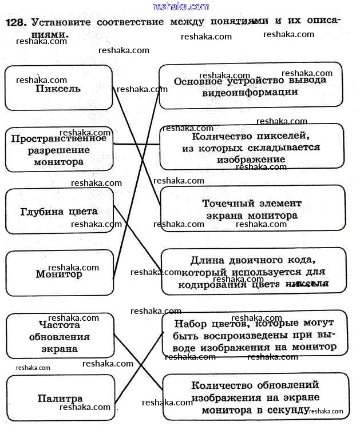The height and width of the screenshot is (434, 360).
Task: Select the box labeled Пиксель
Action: [x=58, y=88]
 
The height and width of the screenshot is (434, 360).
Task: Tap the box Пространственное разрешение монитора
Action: [x=58, y=150]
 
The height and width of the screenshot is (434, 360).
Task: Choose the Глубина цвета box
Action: [x=59, y=212]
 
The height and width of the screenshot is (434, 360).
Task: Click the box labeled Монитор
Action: [x=59, y=274]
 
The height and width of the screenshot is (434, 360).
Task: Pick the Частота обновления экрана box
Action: [x=60, y=336]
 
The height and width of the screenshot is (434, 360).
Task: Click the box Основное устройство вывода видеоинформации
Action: [x=250, y=86]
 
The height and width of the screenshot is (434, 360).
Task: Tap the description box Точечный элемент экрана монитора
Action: [x=252, y=210]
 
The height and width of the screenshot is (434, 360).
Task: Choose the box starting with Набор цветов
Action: [x=254, y=333]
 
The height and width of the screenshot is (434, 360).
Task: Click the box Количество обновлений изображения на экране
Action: [x=255, y=397]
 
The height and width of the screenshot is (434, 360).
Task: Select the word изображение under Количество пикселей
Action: [x=241, y=160]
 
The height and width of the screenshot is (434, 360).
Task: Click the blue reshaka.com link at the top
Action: [x=180, y=6]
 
